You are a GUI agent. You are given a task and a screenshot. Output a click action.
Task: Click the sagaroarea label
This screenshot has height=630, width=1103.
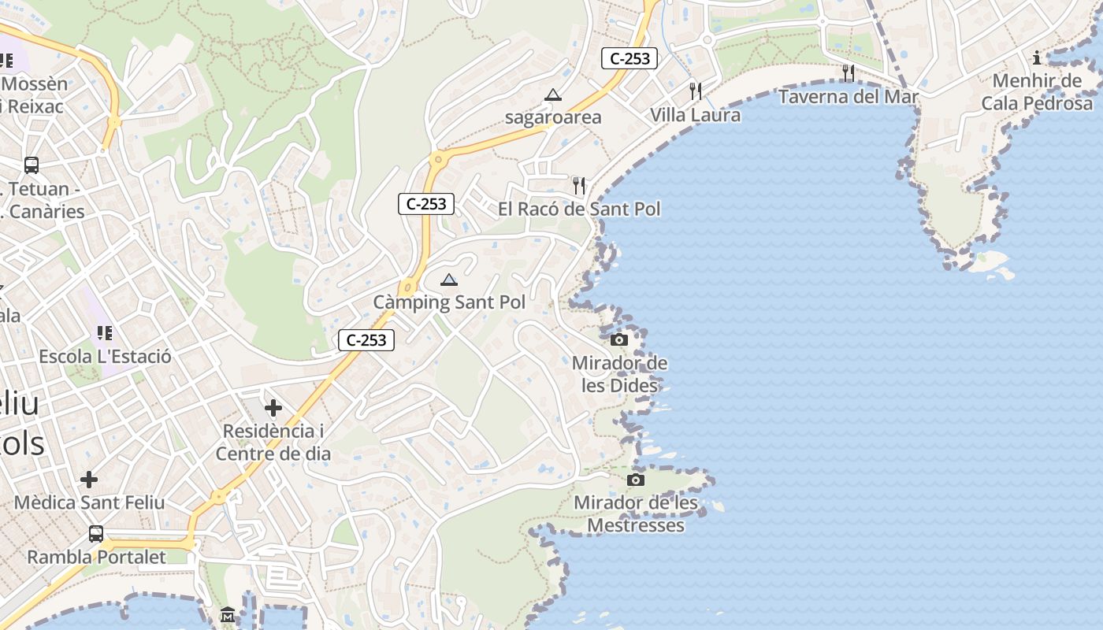(553, 117)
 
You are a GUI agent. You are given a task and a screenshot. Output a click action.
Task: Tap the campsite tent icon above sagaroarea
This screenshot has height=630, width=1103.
(553, 95)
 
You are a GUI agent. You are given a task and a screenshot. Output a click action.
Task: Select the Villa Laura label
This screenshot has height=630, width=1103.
(695, 115)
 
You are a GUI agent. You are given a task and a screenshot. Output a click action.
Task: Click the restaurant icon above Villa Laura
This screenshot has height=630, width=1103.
(696, 91)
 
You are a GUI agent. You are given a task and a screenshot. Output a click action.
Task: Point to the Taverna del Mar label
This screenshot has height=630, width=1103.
(849, 97)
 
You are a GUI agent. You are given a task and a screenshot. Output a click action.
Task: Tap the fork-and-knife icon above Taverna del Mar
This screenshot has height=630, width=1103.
(849, 73)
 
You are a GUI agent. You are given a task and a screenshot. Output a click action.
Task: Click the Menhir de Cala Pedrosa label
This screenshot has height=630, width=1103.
(1037, 92)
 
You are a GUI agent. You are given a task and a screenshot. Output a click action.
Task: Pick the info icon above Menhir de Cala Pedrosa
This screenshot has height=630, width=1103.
(1037, 57)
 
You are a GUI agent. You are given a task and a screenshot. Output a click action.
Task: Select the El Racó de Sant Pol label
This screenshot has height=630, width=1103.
(579, 209)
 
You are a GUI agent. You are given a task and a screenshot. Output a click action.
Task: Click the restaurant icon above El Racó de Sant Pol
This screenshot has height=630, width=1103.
(579, 186)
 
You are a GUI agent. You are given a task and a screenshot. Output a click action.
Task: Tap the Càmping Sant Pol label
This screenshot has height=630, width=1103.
(449, 302)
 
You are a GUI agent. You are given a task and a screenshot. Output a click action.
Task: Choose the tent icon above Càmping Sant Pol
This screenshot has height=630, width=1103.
(449, 280)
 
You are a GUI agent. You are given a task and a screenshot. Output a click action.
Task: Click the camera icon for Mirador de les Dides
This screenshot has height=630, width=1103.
(619, 339)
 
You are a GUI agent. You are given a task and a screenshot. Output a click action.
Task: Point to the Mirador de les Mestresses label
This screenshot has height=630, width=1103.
(636, 514)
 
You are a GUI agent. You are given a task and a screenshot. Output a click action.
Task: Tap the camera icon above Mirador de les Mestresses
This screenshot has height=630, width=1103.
(636, 480)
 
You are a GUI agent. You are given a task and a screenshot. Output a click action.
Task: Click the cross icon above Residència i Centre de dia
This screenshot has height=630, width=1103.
(273, 408)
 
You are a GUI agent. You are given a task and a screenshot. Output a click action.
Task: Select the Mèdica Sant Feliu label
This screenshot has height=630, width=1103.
(89, 502)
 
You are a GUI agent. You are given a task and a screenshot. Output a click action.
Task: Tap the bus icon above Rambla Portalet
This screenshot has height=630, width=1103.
(96, 534)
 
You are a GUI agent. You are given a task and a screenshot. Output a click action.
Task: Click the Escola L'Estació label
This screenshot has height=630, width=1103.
(105, 357)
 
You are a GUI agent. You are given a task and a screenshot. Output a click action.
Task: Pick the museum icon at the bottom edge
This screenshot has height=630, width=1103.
(228, 613)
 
